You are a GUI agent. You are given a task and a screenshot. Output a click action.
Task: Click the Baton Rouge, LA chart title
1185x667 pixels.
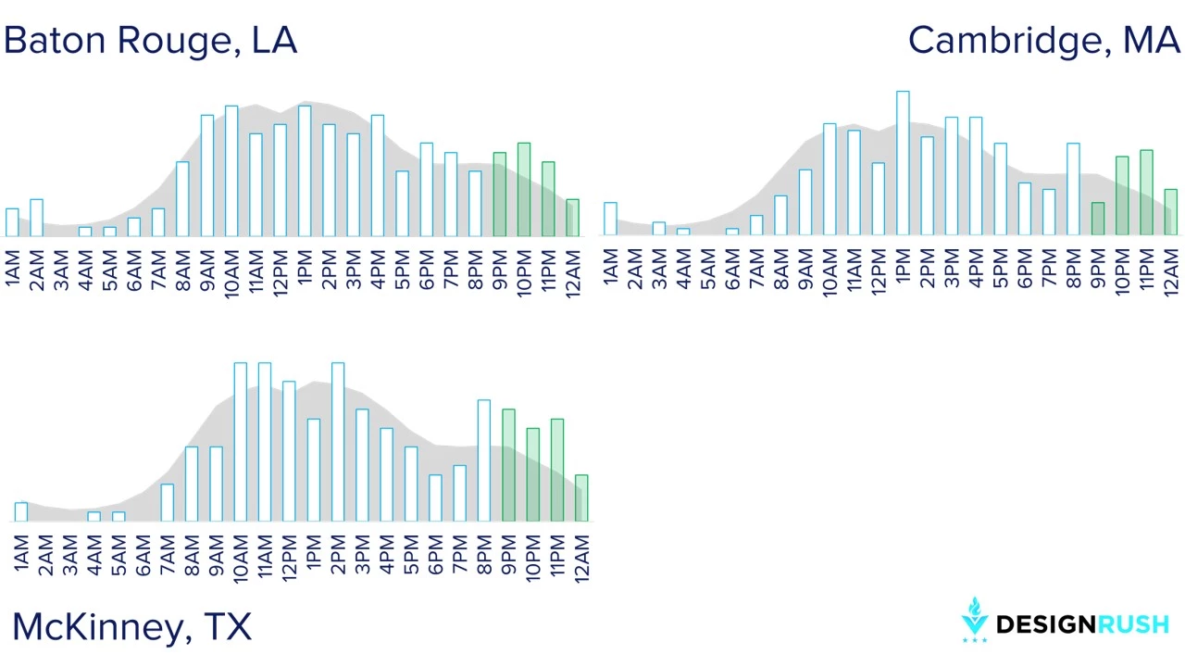(151, 41)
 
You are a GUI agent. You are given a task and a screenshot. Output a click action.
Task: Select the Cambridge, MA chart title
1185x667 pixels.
(1044, 41)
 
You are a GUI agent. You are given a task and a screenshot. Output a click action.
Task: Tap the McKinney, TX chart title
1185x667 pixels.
(131, 627)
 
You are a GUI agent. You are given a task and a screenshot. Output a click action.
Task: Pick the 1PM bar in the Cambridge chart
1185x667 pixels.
(903, 163)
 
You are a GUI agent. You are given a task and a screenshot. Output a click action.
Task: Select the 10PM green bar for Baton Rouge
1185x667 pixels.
(524, 190)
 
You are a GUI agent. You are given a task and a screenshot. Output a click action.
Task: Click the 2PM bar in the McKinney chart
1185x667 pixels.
(338, 442)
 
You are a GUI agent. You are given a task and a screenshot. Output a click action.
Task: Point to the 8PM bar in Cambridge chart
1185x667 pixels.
(1073, 189)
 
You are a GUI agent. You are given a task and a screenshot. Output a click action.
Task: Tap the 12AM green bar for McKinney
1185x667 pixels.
(581, 498)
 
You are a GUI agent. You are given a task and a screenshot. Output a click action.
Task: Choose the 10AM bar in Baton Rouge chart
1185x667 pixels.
(231, 171)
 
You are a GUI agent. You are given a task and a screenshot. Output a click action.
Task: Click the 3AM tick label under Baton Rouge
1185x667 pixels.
(61, 271)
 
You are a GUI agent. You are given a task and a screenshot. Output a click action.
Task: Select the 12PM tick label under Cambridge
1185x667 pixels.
(879, 271)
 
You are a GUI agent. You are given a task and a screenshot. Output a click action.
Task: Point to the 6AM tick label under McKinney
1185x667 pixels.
(143, 555)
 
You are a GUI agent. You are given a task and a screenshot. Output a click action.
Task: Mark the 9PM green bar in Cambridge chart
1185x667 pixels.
(1098, 219)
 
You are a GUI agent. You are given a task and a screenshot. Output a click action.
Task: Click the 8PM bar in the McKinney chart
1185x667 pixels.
(484, 460)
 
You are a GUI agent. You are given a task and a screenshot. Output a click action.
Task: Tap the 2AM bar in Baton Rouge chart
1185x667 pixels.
(36, 218)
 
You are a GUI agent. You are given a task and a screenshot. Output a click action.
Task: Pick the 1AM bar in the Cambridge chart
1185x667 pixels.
(610, 219)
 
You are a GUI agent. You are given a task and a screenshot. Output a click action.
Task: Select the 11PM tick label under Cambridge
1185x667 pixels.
(1146, 270)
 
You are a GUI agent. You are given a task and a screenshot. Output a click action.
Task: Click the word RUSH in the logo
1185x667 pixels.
(1134, 624)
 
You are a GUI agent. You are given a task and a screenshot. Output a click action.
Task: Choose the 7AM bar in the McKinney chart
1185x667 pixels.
(168, 503)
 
